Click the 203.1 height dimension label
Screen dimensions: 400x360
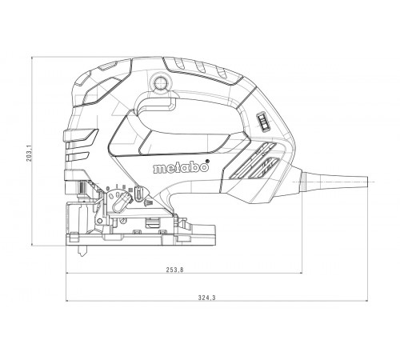coord(30,153)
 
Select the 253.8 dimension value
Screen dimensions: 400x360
coord(175,270)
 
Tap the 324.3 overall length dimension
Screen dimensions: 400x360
coord(206,298)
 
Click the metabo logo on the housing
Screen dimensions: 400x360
coord(181,167)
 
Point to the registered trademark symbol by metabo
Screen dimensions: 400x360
coord(207,161)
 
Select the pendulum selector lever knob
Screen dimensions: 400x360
coord(122,201)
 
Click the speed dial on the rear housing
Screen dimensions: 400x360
coord(262,122)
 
